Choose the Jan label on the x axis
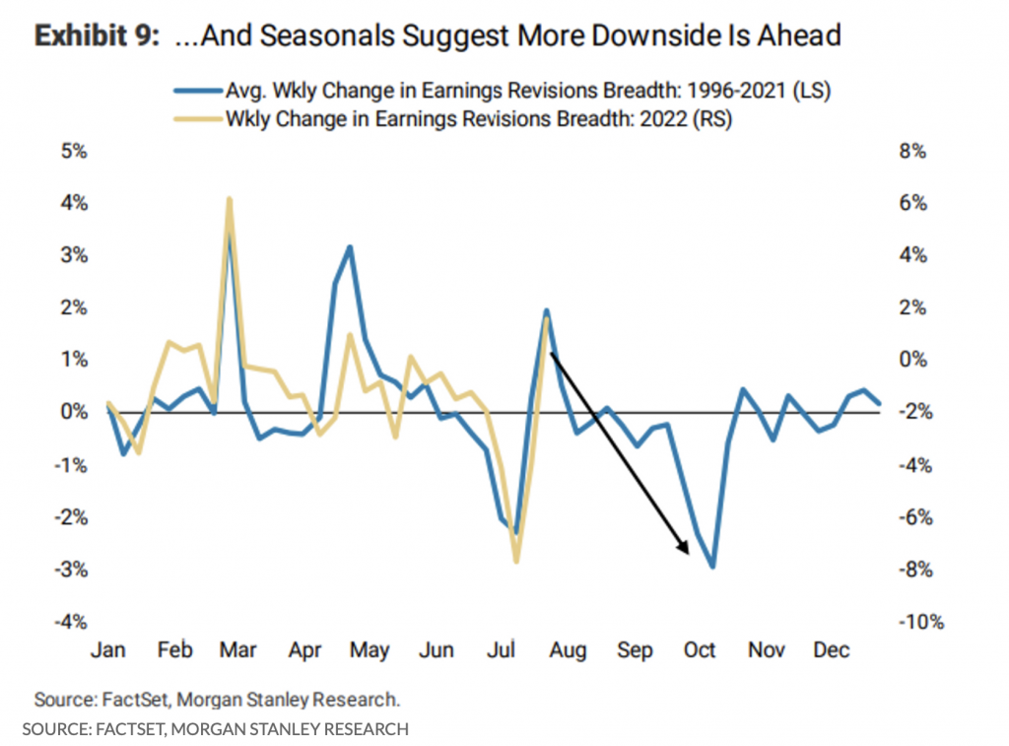click(x=107, y=651)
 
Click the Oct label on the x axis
click(x=700, y=651)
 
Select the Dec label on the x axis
click(x=832, y=651)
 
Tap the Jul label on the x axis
click(x=503, y=651)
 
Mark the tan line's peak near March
click(x=229, y=199)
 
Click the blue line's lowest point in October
click(x=712, y=566)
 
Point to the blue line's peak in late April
click(x=350, y=247)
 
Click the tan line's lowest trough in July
click(x=515, y=561)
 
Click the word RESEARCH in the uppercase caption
click(x=359, y=729)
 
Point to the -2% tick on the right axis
click(x=913, y=412)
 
